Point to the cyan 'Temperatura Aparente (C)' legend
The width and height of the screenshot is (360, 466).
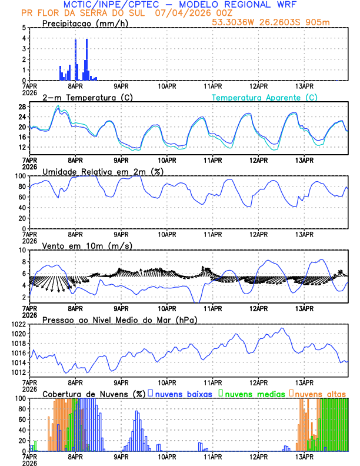pyautogui.click(x=264, y=97)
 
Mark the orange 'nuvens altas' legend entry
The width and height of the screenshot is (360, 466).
pyautogui.click(x=320, y=394)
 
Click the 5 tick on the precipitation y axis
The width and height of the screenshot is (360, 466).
pyautogui.click(x=24, y=28)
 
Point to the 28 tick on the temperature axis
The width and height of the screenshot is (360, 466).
pyautogui.click(x=22, y=106)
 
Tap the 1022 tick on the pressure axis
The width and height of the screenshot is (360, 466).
pyautogui.click(x=18, y=324)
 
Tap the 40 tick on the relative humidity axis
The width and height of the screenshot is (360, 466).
pyautogui.click(x=22, y=207)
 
